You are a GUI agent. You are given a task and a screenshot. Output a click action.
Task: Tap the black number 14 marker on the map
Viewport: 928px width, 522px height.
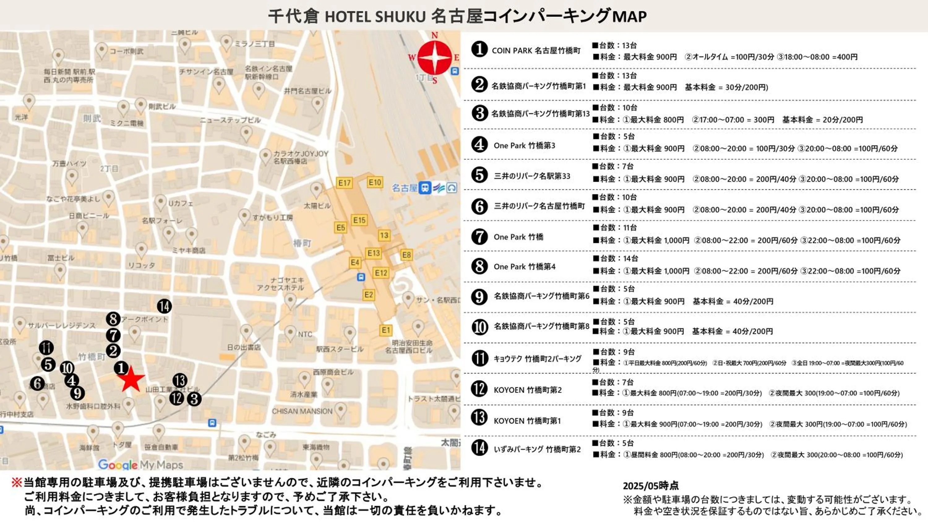[x=164, y=306]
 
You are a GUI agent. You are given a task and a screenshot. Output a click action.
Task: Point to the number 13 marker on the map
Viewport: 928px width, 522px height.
[x=180, y=380]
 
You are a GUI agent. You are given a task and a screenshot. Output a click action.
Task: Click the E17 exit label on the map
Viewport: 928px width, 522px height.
[x=344, y=183]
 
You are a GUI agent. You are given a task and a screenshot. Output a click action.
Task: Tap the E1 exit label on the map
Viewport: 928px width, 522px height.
[x=386, y=330]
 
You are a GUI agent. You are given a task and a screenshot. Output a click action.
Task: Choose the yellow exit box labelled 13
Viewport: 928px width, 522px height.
[x=384, y=236]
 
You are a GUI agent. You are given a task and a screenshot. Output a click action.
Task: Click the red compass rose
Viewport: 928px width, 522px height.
[x=435, y=57]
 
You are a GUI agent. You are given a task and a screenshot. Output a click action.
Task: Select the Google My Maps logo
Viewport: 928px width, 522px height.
[x=140, y=465]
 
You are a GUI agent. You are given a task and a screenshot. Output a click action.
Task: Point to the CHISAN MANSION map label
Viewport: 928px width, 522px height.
[x=302, y=411]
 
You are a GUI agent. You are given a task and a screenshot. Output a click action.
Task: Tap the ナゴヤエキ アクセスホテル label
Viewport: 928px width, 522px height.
[x=280, y=284]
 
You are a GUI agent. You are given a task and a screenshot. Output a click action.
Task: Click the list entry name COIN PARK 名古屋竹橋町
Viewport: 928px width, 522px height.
[x=536, y=51]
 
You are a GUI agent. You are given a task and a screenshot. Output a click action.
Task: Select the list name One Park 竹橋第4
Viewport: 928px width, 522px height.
[x=525, y=267]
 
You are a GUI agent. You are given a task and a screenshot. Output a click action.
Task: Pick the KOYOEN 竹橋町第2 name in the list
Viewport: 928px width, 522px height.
[x=527, y=390]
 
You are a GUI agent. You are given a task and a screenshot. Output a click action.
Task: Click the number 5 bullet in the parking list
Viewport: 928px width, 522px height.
[x=479, y=175]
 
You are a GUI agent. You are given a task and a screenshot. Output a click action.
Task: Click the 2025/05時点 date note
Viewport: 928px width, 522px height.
[x=651, y=486]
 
